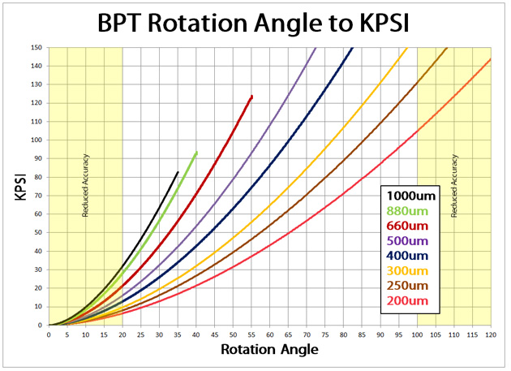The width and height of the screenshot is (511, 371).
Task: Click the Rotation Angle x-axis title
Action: point(268,350)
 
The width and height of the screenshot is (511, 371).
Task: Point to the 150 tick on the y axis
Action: point(36,47)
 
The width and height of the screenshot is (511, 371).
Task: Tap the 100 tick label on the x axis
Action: point(417,334)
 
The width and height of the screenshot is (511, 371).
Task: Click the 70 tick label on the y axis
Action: point(38,195)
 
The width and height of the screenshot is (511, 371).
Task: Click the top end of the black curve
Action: point(178,172)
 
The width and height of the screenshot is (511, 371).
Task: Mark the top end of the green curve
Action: point(196,152)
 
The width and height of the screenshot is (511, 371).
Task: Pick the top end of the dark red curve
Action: point(251,96)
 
